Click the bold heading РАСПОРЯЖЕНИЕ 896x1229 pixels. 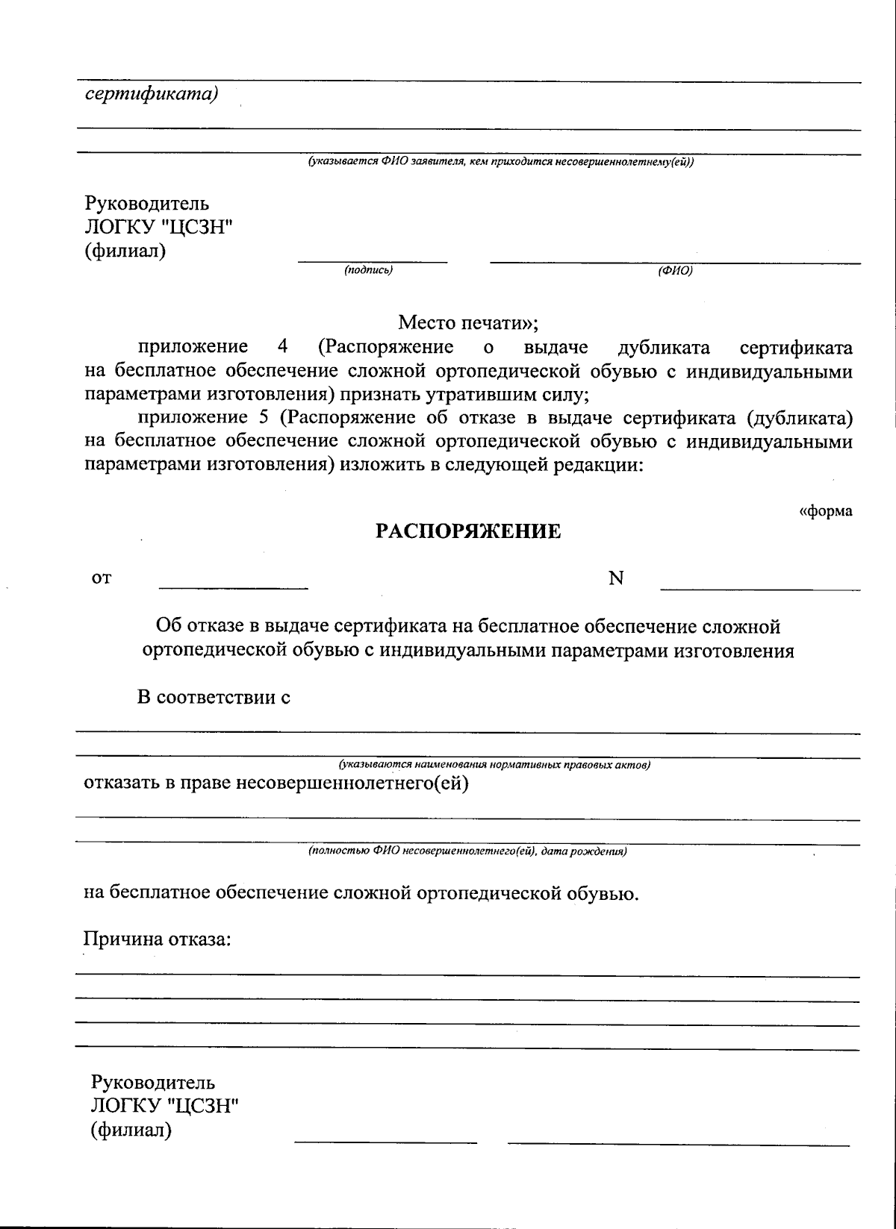pyautogui.click(x=467, y=531)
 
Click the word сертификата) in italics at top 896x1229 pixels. pyautogui.click(x=152, y=94)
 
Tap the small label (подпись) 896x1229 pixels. pyautogui.click(x=368, y=270)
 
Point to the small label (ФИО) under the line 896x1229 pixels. pyautogui.click(x=675, y=272)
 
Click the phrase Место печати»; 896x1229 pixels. pyautogui.click(x=467, y=323)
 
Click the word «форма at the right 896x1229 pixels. pyautogui.click(x=826, y=511)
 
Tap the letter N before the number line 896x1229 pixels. pyautogui.click(x=616, y=578)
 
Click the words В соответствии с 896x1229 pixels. pyautogui.click(x=214, y=698)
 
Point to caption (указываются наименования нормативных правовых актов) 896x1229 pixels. pyautogui.click(x=494, y=765)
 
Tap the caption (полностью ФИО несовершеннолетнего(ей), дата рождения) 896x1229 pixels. pyautogui.click(x=467, y=851)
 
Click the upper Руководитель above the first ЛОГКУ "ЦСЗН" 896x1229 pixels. pyautogui.click(x=146, y=203)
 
